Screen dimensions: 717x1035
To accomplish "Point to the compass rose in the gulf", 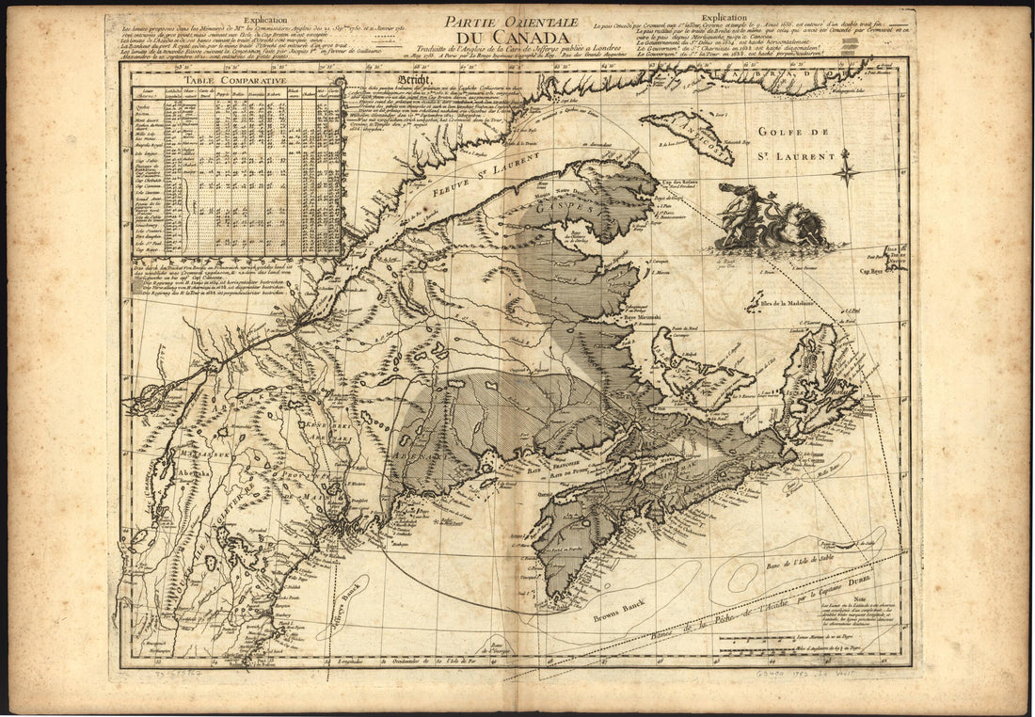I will [x=844, y=171].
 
